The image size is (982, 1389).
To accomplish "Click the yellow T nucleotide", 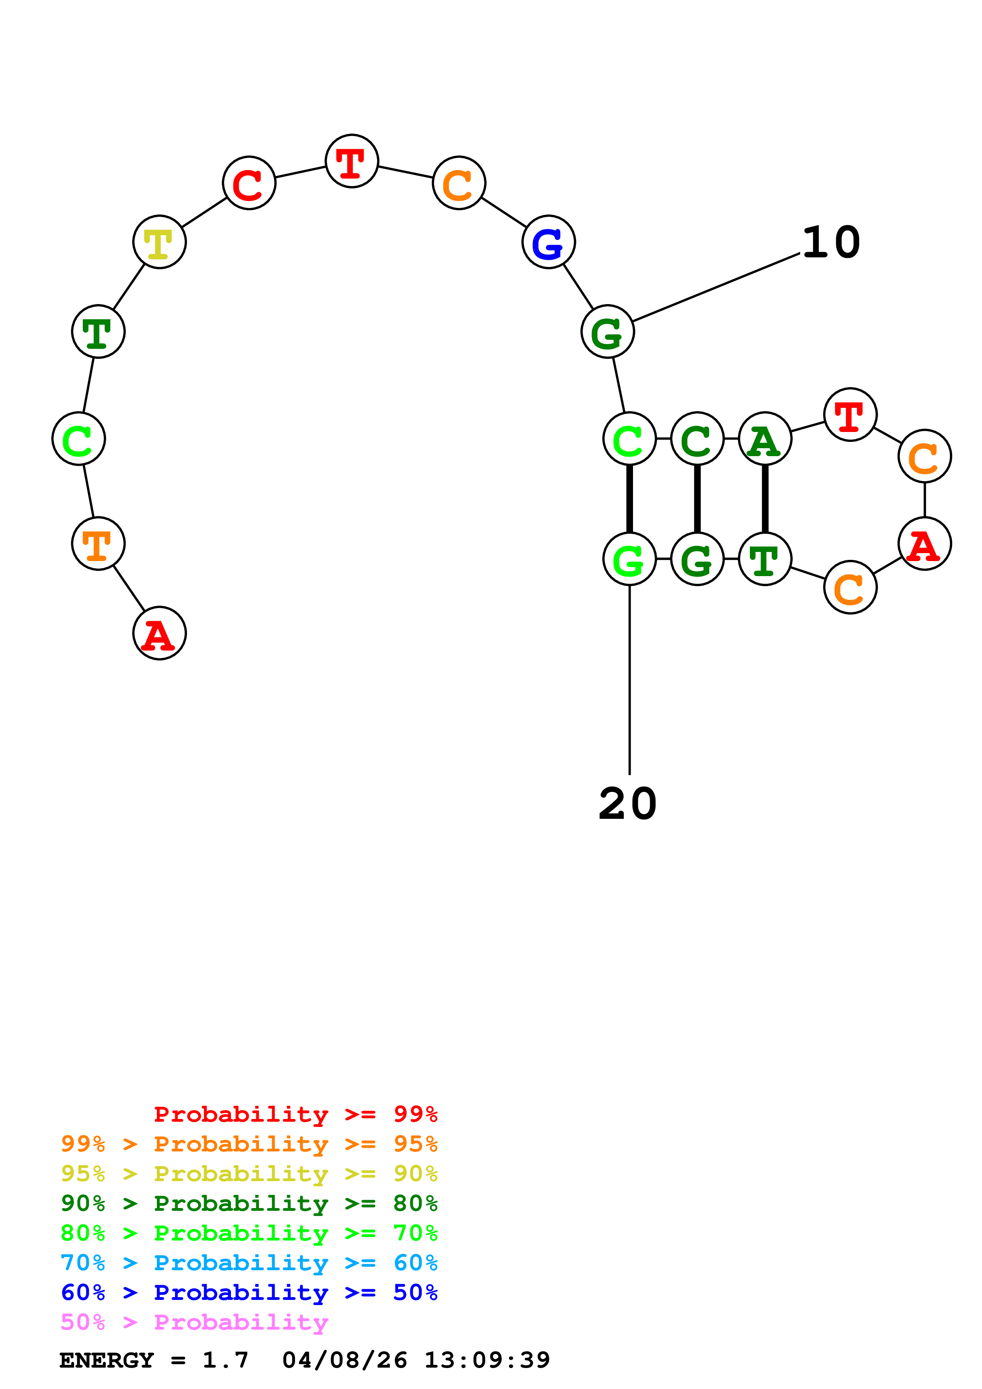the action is click(159, 242).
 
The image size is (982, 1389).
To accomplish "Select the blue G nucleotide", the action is click(548, 242).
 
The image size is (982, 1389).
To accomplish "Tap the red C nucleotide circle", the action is click(249, 183).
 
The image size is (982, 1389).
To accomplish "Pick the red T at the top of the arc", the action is click(352, 161).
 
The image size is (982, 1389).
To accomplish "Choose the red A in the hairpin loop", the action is click(925, 543).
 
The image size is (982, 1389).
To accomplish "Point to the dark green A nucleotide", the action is click(765, 439).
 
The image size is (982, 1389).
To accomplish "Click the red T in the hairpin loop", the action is click(850, 415).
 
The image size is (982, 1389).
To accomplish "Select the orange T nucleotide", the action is click(98, 543).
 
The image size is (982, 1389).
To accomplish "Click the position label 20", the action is click(627, 804).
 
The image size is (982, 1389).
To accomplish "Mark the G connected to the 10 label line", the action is click(608, 331).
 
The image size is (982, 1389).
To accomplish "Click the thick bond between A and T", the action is click(765, 499).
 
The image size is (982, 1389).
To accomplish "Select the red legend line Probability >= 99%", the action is click(296, 1114).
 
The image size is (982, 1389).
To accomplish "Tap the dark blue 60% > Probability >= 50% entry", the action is click(249, 1292).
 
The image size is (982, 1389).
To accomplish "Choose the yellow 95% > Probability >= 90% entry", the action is click(249, 1174).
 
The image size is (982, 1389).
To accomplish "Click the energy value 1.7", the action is click(225, 1360).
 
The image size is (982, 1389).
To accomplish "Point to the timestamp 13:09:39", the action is click(487, 1360).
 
